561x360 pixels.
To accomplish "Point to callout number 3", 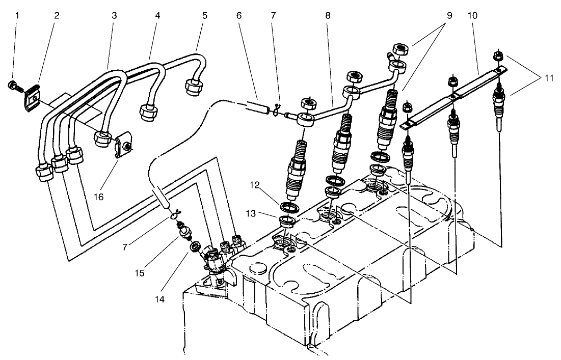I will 114,16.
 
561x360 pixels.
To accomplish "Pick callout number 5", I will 204,16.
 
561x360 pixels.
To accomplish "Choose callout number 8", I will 328,16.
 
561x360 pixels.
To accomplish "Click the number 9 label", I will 450,16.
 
